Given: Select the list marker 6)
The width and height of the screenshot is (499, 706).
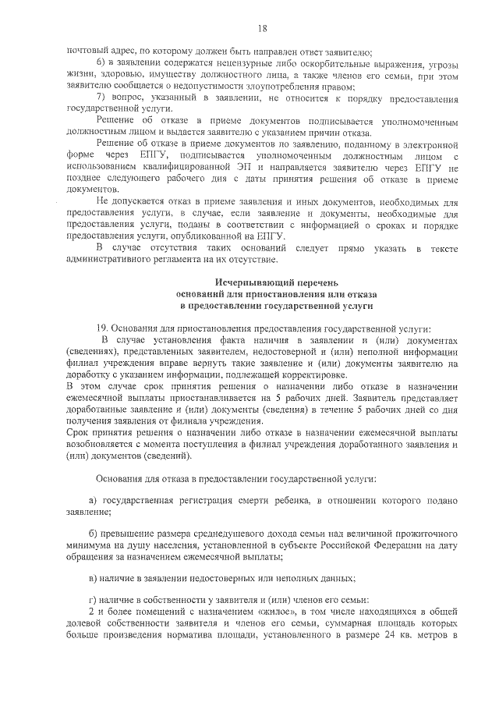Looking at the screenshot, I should click(101, 63).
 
